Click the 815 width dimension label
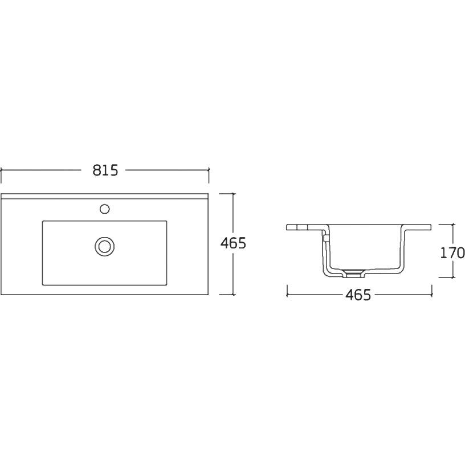tap(105, 170)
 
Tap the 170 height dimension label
tap(452, 253)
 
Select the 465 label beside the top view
tap(233, 243)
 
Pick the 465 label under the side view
tap(358, 295)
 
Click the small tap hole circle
tap(104, 209)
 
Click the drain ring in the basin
tap(104, 246)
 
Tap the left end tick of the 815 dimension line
tap(1, 170)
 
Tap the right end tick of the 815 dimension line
tap(209, 170)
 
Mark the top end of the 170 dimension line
tap(453, 225)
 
